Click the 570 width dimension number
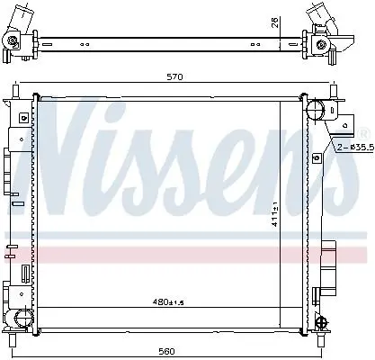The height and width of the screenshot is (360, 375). click(x=174, y=77)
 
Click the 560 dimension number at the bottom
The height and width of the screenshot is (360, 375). click(x=166, y=351)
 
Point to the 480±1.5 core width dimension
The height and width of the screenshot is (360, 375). click(x=167, y=301)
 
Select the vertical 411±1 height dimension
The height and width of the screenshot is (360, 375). click(x=275, y=214)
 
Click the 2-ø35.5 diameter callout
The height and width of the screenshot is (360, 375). click(x=356, y=148)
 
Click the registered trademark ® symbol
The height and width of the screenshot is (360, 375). click(x=362, y=134)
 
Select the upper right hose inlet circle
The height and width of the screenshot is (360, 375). click(x=316, y=110)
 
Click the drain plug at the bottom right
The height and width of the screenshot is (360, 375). click(x=323, y=322)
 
